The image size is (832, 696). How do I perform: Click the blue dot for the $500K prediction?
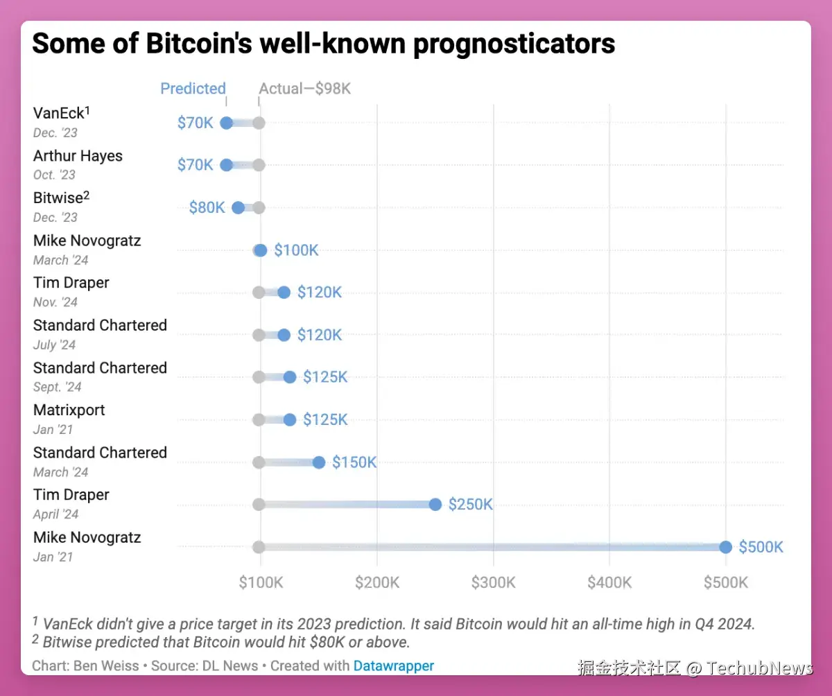coord(725,547)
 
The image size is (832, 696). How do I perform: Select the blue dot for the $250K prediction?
coord(435,505)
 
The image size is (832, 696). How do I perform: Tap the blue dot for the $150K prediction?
coord(319,462)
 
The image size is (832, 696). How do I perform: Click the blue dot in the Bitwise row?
coord(238,207)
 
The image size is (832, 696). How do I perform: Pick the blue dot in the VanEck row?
coord(226,123)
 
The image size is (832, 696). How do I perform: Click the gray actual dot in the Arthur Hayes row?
coord(259,165)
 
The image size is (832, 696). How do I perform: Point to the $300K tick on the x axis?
coord(493,582)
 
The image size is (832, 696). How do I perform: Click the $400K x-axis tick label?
coord(609,582)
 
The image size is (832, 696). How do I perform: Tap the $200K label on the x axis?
coord(377,582)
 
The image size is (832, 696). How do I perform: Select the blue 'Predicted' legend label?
coord(193,89)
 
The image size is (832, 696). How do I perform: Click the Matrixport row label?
coord(69,410)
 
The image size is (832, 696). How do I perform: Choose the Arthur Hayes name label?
coord(78,155)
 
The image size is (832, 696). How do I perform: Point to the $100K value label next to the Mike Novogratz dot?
coord(296,250)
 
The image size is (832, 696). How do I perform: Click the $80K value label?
coord(207,207)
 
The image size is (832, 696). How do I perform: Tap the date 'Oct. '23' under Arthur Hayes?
coord(54,175)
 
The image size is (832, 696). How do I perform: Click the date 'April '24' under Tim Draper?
coord(56,514)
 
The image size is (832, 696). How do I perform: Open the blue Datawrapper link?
coord(393,665)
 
